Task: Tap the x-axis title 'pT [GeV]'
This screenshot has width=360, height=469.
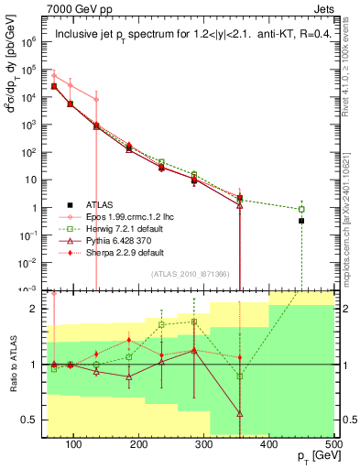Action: click(x=318, y=456)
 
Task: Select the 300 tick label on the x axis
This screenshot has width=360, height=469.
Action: click(x=203, y=444)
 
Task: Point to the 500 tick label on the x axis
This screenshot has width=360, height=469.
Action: click(x=333, y=444)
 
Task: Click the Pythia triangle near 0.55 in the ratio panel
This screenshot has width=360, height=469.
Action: click(x=239, y=414)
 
